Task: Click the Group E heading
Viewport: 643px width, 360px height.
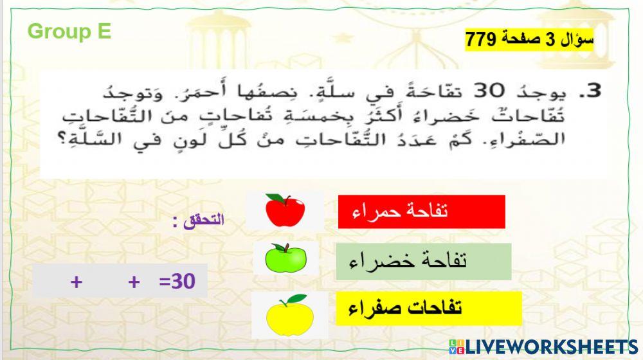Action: (69, 32)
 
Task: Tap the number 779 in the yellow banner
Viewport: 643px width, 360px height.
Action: (480, 40)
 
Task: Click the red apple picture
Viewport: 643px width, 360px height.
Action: (284, 211)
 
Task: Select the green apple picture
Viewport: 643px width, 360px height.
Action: (286, 259)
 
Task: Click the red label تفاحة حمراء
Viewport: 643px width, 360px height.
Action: (421, 212)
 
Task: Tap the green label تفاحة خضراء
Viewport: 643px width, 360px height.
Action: (423, 261)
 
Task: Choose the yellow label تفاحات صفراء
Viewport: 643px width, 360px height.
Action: (428, 308)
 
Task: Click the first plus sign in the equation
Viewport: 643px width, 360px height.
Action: (77, 282)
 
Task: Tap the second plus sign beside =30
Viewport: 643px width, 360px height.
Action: (134, 282)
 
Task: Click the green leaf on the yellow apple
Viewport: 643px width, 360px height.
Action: (296, 299)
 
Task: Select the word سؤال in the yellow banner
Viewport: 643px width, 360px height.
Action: (578, 40)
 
